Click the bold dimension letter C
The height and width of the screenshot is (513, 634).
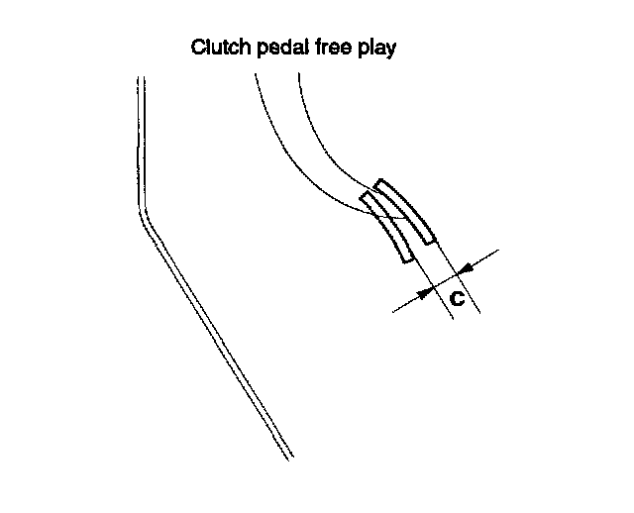[x=457, y=296]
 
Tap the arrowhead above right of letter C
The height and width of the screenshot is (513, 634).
[x=465, y=265]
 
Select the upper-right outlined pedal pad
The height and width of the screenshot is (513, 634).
[x=406, y=211]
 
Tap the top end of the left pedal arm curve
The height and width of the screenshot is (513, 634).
[x=256, y=75]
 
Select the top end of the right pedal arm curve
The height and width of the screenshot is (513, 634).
[x=296, y=75]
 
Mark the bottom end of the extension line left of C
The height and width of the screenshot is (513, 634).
[x=452, y=317]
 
